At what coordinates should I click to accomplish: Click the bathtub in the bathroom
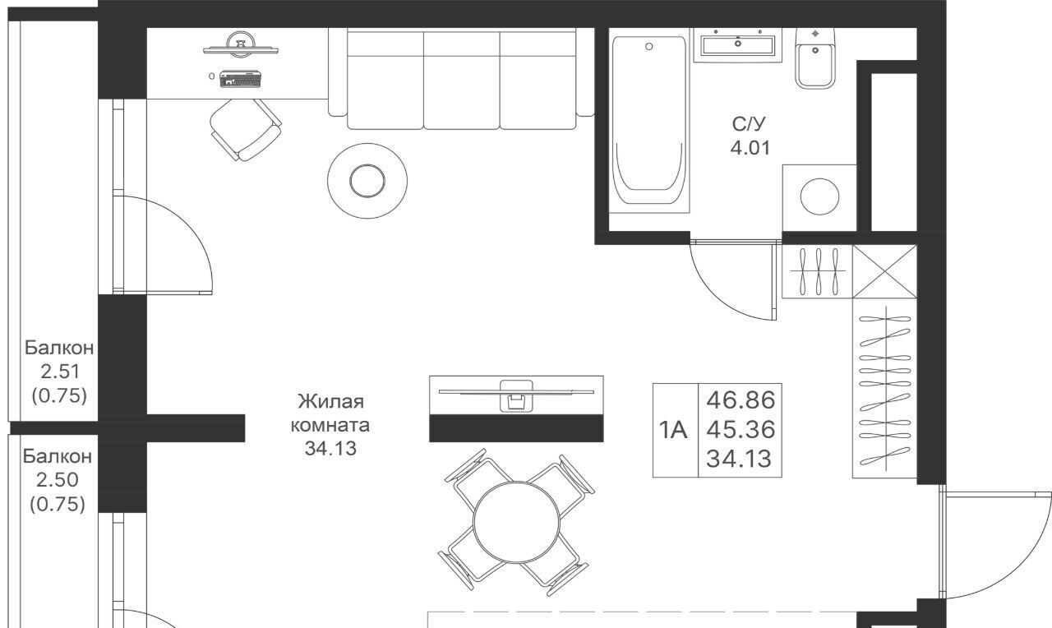coord(649,120)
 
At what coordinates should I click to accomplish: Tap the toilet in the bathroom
coord(815,58)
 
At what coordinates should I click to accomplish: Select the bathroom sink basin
coord(737,45)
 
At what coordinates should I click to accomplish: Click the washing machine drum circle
coord(819,196)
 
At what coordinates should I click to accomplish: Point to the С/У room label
coord(749,124)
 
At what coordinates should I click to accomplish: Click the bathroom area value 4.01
coord(750,149)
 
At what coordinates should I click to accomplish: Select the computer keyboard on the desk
coord(240,79)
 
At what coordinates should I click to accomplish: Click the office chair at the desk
coord(245,129)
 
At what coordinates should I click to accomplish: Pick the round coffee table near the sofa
coord(367,181)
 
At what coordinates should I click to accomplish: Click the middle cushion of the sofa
coord(461,80)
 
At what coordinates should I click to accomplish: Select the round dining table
coord(517,522)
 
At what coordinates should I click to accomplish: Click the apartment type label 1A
coord(673,430)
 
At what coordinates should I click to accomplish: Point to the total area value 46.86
coord(741,400)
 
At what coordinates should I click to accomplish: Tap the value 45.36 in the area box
coord(741,430)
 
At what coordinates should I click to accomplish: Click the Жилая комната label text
coord(330,413)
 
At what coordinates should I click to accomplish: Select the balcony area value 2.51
coord(60,372)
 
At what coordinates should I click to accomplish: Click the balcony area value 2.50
coord(58,480)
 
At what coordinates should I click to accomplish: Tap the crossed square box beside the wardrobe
coord(884,271)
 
